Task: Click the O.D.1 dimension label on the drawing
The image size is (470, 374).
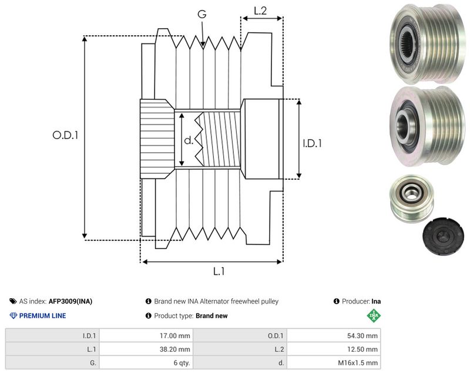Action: point(65,135)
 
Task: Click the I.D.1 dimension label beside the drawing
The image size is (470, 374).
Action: point(312,143)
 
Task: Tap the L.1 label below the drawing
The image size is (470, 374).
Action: point(219,271)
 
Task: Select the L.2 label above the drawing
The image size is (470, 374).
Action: point(260,11)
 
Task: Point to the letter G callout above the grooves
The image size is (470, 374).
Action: point(202,14)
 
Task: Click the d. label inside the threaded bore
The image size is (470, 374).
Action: point(189,140)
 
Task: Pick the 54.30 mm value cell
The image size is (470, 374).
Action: point(334,336)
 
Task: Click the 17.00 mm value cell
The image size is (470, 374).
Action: point(146,336)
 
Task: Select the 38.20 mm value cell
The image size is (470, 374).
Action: point(146,349)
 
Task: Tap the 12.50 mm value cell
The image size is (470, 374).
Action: point(334,349)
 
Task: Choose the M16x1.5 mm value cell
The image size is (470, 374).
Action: point(334,363)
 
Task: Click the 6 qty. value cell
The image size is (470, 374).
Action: point(146,363)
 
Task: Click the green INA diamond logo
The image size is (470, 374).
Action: point(374,315)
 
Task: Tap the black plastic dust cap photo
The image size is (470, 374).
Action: point(443,235)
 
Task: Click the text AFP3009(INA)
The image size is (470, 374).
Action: point(70,301)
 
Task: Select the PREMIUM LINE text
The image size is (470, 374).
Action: point(42,316)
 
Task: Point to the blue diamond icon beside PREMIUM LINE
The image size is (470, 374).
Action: point(14,316)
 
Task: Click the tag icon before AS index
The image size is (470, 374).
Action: point(13,301)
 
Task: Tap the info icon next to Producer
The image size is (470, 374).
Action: point(336,301)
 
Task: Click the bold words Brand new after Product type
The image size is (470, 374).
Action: point(211,316)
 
